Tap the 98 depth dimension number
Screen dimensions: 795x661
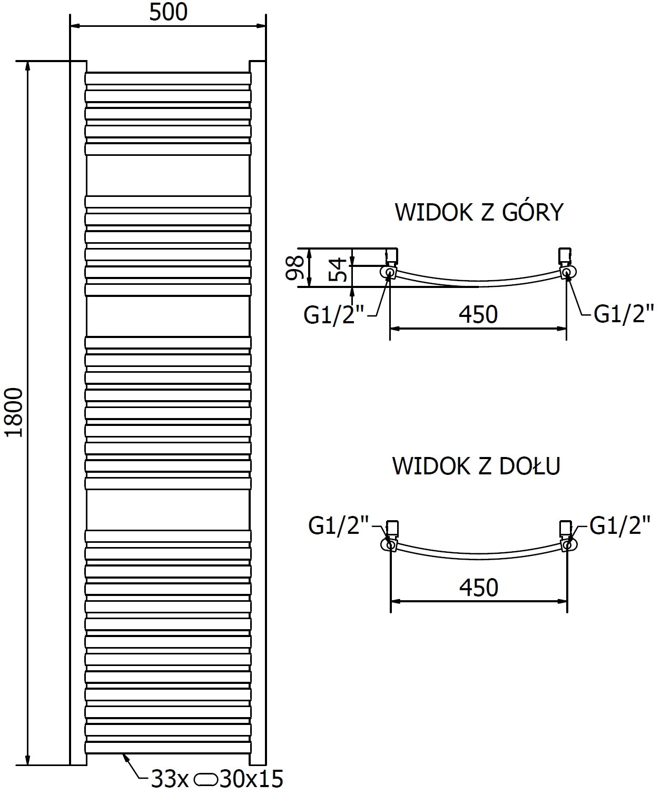tap(297, 267)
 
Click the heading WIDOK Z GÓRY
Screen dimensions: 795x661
tap(479, 212)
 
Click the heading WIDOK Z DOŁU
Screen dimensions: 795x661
tap(476, 466)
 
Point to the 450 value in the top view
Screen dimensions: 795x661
tap(478, 315)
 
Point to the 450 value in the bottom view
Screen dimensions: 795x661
tap(478, 588)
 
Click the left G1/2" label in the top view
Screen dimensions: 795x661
tap(334, 315)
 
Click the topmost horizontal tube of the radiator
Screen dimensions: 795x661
tap(168, 78)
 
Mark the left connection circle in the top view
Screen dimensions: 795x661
tap(390, 272)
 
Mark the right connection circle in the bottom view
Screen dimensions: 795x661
tap(567, 544)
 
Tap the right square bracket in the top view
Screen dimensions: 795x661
tap(564, 255)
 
